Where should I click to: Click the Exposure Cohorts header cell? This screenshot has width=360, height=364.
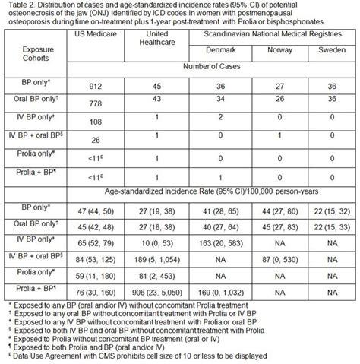click(x=36, y=62)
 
